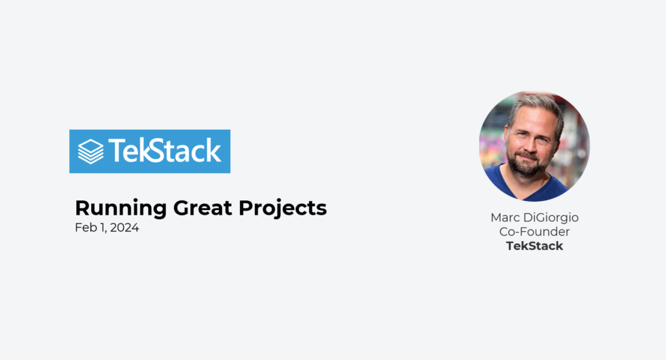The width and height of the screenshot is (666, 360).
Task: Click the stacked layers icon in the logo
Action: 91,151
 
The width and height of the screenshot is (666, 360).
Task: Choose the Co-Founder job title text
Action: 534,232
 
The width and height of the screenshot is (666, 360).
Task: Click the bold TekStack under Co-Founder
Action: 534,246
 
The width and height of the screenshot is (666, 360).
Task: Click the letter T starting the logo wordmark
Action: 117,151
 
